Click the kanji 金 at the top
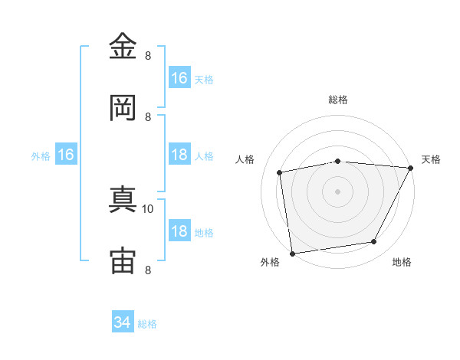click(x=123, y=46)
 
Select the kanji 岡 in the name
click(x=123, y=107)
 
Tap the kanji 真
click(x=123, y=199)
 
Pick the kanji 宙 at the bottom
click(x=123, y=260)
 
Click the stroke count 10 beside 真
click(x=147, y=209)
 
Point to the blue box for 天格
click(x=179, y=77)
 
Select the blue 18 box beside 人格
click(x=179, y=154)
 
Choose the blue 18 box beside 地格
click(x=179, y=230)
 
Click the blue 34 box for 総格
click(x=123, y=321)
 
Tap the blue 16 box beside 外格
click(x=66, y=154)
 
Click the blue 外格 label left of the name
click(x=41, y=156)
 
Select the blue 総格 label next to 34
click(x=147, y=324)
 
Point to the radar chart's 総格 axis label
click(x=338, y=100)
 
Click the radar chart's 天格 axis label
click(x=431, y=159)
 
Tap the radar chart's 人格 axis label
click(x=245, y=159)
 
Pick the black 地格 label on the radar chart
click(x=402, y=262)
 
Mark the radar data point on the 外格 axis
click(x=292, y=254)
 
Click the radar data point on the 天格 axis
click(x=410, y=168)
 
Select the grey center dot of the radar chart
click(x=337, y=191)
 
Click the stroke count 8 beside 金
click(x=148, y=56)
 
